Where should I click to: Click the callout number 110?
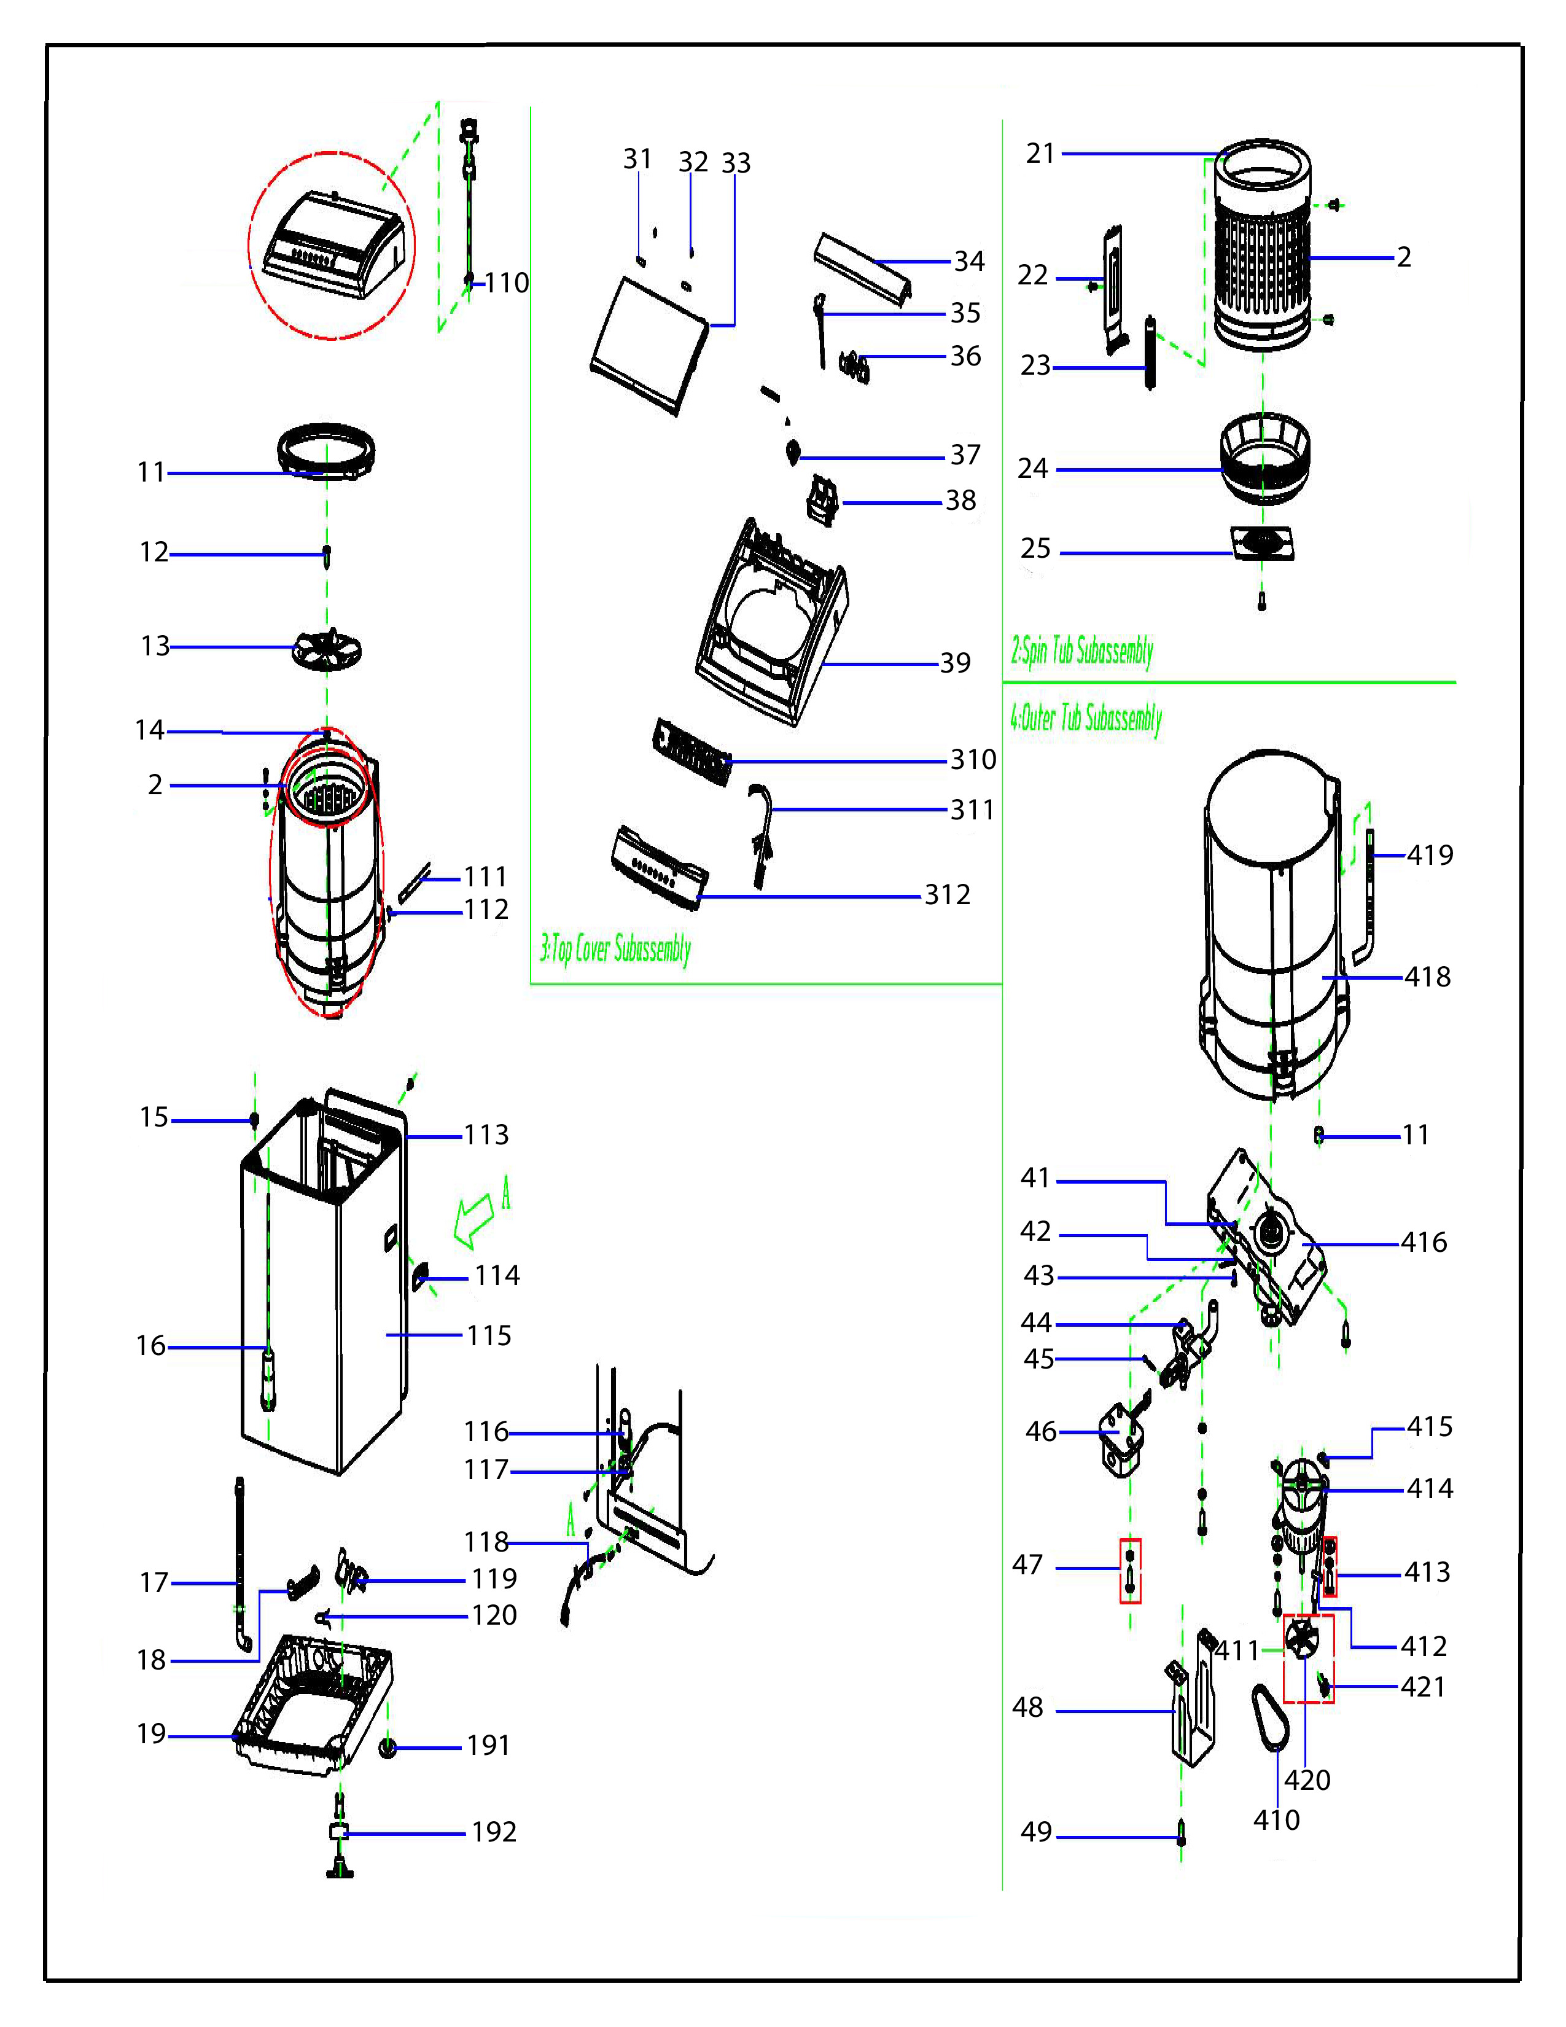click(507, 283)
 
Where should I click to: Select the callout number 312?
click(947, 895)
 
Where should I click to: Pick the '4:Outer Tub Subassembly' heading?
click(1085, 719)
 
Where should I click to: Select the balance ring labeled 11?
click(327, 450)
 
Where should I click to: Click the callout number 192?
click(494, 1832)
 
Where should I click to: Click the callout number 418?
click(1427, 977)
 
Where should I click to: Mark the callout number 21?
click(1041, 153)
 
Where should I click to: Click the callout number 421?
click(1423, 1687)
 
